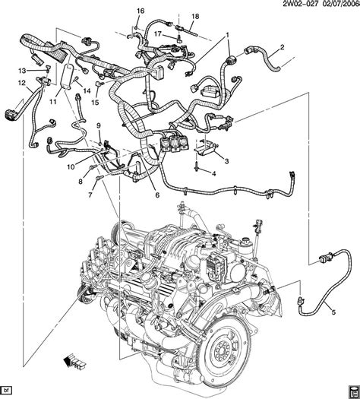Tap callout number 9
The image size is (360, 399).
coord(98,125)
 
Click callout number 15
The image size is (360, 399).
coord(95,102)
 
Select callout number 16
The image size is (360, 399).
coord(140,11)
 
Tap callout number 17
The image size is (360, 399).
coord(158,33)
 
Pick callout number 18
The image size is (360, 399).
coord(194,17)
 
